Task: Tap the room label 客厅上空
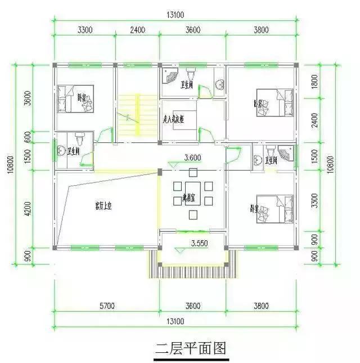click(103, 207)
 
